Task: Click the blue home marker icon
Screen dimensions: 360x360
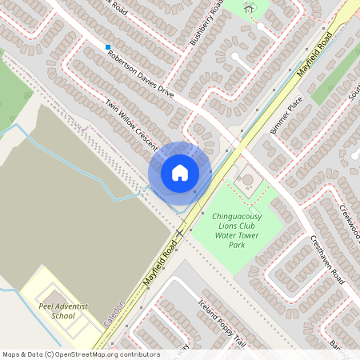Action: [180, 172]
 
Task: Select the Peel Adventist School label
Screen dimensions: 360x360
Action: [62, 310]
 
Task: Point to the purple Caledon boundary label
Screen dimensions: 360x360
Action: [114, 314]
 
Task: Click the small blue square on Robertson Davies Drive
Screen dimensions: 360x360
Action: [108, 47]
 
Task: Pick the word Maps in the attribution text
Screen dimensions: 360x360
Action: [12, 354]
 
